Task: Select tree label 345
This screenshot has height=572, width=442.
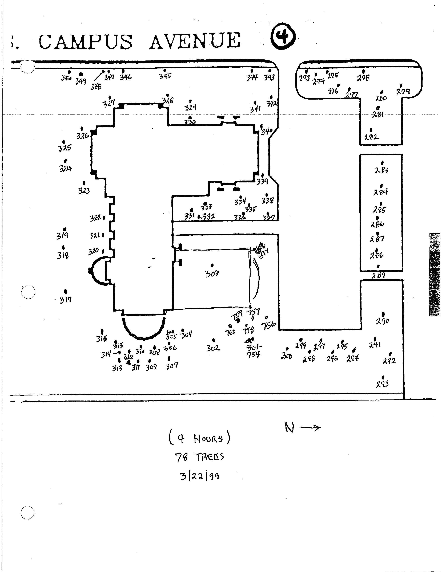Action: coord(165,76)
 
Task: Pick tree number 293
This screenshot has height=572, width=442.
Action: coord(382,384)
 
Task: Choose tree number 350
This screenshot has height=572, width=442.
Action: coord(66,78)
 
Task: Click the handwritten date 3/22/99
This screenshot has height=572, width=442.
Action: coord(199,476)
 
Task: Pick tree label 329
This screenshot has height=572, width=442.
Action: coord(190,107)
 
